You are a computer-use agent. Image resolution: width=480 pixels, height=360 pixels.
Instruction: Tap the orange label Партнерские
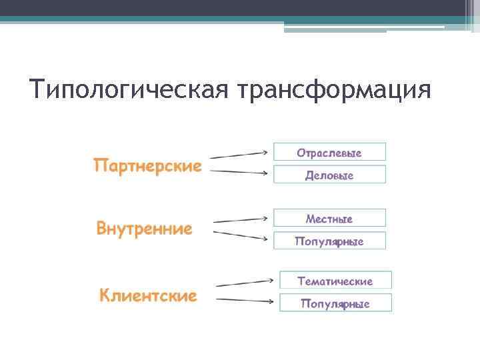tap(147, 165)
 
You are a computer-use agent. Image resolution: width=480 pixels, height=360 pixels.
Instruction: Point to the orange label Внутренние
tap(144, 229)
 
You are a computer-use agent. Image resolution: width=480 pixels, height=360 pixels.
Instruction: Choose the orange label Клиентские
tap(148, 295)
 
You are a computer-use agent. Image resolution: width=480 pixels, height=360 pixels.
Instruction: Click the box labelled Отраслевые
tap(329, 153)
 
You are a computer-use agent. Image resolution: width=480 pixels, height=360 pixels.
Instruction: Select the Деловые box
tap(329, 175)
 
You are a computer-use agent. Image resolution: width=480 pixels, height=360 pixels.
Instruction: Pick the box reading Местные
tap(329, 218)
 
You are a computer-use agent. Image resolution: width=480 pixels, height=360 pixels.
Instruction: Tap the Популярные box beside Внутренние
tap(329, 241)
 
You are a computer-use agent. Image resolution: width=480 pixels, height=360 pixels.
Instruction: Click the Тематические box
tap(335, 281)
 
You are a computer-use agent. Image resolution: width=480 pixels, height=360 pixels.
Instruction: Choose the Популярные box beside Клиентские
tap(335, 304)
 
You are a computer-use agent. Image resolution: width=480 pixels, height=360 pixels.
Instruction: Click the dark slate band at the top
tap(240, 8)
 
